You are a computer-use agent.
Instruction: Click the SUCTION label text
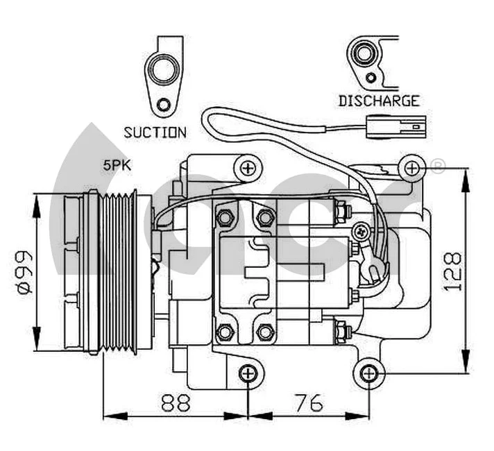coord(155,132)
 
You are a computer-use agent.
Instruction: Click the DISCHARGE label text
coord(379,101)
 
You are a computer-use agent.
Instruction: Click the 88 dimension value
coord(176,402)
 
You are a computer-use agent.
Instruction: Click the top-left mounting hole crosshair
coord(248,167)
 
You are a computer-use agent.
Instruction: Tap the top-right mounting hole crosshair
coord(411,167)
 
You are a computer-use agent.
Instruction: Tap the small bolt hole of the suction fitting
coord(164,105)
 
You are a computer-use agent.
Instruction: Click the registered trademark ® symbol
coord(438,167)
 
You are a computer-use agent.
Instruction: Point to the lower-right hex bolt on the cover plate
coord(264,332)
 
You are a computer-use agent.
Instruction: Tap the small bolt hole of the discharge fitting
coord(373,77)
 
